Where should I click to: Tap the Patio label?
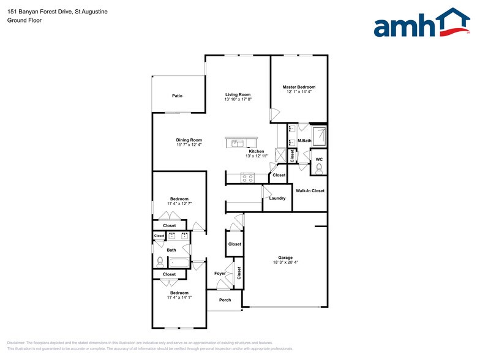point(177,96)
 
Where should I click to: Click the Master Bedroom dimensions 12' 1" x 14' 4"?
point(299,92)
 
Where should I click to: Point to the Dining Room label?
point(189,140)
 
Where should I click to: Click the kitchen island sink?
point(236,144)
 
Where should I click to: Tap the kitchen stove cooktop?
point(248,178)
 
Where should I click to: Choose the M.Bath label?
point(304,141)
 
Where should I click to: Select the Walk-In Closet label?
point(310,191)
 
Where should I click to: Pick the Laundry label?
point(277,198)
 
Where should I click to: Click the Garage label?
point(285,257)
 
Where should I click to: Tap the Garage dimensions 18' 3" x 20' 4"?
point(285,263)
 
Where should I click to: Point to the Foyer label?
point(219,273)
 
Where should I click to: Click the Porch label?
point(225,300)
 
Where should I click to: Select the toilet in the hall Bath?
point(160,262)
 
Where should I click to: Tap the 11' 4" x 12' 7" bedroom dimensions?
point(179,204)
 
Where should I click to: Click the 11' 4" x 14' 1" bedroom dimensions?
point(179,298)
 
